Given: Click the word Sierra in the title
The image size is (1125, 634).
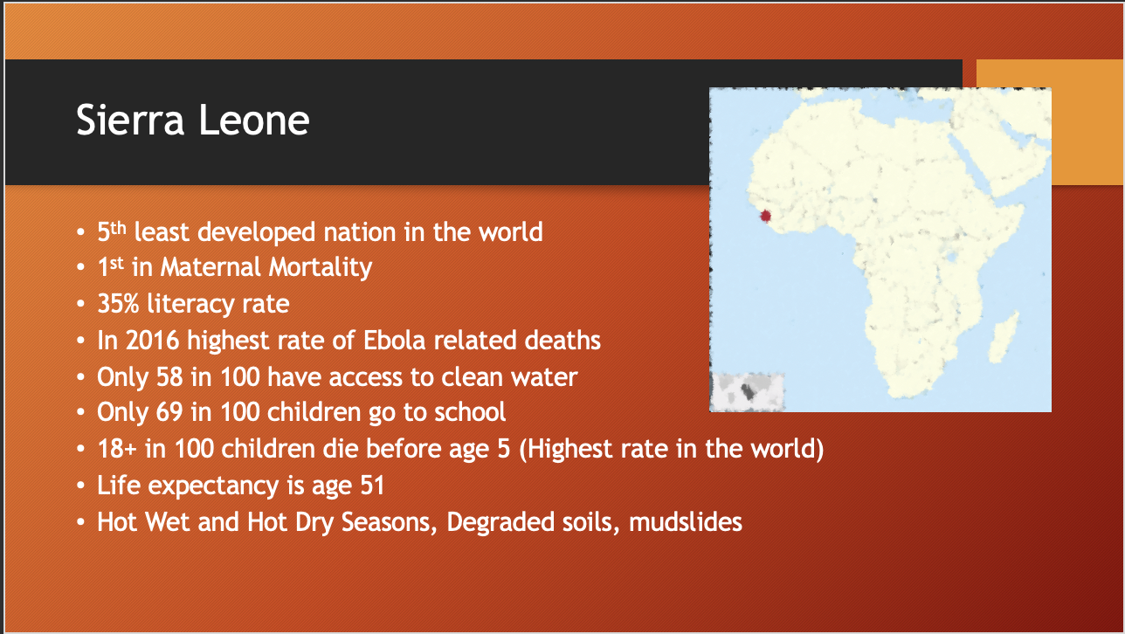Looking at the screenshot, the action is tap(130, 120).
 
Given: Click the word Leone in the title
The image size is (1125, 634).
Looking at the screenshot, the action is tap(254, 120).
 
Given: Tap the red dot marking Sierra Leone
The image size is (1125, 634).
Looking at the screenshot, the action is tap(765, 216).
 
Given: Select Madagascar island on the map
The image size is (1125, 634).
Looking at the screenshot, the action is tap(1004, 337).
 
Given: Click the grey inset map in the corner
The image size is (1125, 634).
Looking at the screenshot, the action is tap(749, 392).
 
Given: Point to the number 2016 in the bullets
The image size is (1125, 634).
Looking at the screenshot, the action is tap(152, 341).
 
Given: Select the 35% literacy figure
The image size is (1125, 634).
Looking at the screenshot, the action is tap(118, 304).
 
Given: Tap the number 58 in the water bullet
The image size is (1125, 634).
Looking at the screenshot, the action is tap(169, 377).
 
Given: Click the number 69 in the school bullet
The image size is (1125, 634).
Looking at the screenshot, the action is tap(169, 412).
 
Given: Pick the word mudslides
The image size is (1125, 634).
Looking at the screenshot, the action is tap(685, 522).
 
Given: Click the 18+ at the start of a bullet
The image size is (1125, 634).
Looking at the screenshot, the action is tap(116, 449).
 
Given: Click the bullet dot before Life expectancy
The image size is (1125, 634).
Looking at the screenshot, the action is tap(81, 486).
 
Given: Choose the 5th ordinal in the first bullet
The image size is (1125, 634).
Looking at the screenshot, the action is tap(111, 231).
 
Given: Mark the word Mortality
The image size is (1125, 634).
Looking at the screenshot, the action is tap(320, 267).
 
